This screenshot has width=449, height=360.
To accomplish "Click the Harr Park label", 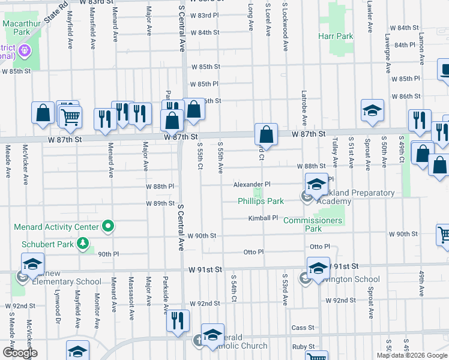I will pyautogui.click(x=336, y=37).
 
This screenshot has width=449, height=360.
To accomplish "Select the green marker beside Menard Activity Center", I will pyautogui.click(x=108, y=227).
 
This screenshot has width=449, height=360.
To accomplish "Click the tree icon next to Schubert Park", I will pyautogui.click(x=82, y=244).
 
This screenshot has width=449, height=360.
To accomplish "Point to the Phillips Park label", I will pyautogui.click(x=260, y=202).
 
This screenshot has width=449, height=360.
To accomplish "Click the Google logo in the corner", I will pyautogui.click(x=19, y=352).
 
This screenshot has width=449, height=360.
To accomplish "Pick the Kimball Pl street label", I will pyautogui.click(x=264, y=218).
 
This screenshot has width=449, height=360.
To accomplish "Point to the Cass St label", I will pyautogui.click(x=303, y=328).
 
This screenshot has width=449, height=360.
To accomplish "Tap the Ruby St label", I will pyautogui.click(x=303, y=347).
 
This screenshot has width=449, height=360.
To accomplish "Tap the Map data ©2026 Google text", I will pyautogui.click(x=412, y=355).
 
